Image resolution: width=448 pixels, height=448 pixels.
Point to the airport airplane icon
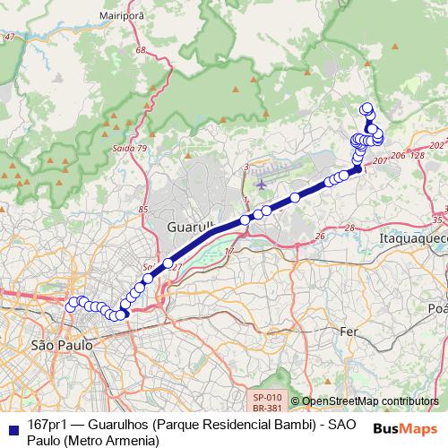(x=261, y=185)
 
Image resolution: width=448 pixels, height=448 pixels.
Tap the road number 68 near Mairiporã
(x=139, y=50)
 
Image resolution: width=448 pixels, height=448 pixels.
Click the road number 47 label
(x=10, y=37)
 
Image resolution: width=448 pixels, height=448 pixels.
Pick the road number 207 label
(x=379, y=159)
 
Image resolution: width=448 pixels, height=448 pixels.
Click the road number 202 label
(x=436, y=144)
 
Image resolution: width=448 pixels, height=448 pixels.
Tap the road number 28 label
(x=349, y=228)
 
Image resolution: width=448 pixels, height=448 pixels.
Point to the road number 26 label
(x=319, y=237)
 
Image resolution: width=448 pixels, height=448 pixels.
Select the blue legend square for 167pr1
(x=10, y=425)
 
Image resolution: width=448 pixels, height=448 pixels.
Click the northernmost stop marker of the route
(x=366, y=108)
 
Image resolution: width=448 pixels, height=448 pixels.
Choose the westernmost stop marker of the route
(x=71, y=306)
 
